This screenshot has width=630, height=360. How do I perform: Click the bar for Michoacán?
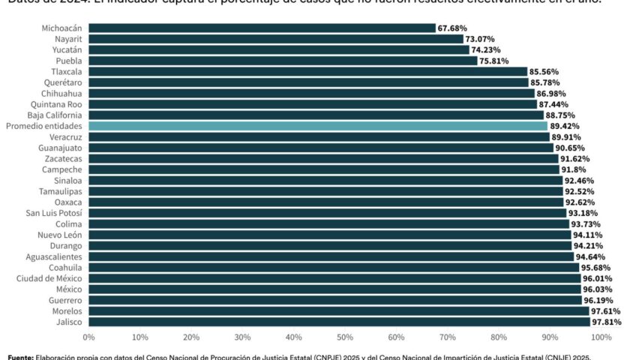pos(262,28)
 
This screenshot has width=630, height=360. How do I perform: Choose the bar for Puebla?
pos(283,60)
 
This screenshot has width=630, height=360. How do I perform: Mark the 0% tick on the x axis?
pos(88,338)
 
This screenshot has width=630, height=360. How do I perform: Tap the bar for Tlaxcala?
pos(307,71)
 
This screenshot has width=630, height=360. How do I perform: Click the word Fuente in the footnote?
pos(21,356)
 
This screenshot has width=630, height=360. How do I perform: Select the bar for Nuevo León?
pos(329,235)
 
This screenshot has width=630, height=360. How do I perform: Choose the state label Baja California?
pos(54,115)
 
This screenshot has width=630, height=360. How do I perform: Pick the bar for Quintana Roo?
pos(312,104)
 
